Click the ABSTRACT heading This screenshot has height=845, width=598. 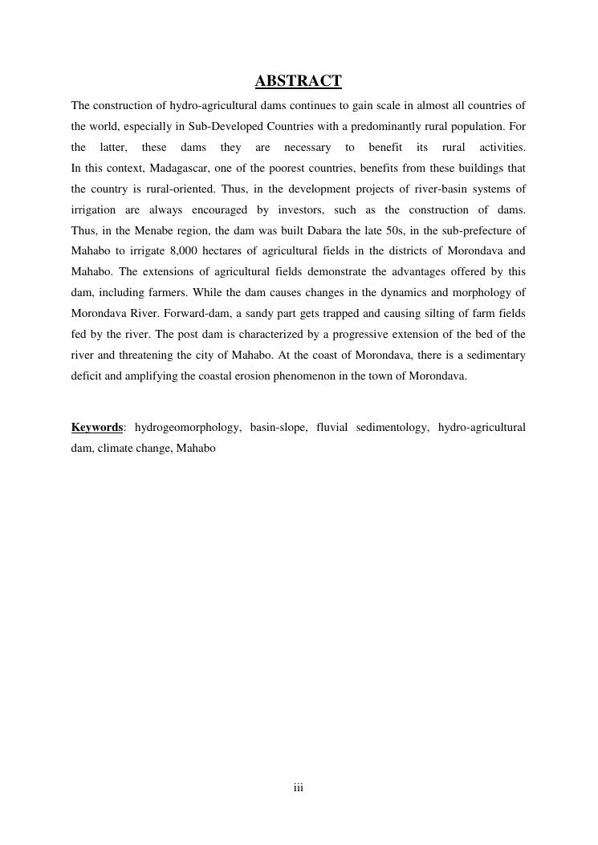coord(298,81)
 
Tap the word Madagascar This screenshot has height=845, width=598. coord(179,169)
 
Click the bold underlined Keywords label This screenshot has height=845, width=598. coord(97,428)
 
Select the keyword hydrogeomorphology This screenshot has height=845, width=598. coord(187,428)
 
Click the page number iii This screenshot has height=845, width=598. coord(298,788)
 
